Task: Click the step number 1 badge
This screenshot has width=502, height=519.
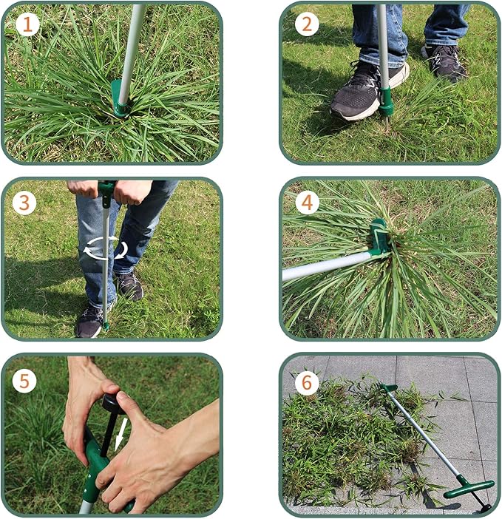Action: pos(27,25)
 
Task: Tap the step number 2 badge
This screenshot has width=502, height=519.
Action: pos(307,24)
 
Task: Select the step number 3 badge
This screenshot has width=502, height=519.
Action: pos(24,202)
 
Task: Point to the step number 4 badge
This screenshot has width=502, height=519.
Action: pos(307,202)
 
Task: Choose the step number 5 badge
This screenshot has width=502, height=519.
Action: pos(25,381)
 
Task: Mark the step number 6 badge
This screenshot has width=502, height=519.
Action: pos(307,382)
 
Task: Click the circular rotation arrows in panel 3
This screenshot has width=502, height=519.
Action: pos(104,248)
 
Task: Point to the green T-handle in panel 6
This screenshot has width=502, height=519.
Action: pos(469,488)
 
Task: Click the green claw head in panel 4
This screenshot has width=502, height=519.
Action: pos(379,240)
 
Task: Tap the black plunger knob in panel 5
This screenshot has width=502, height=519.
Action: pos(112,402)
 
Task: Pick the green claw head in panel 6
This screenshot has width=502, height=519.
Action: pos(387,387)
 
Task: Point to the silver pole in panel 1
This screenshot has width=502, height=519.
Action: pos(132,44)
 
